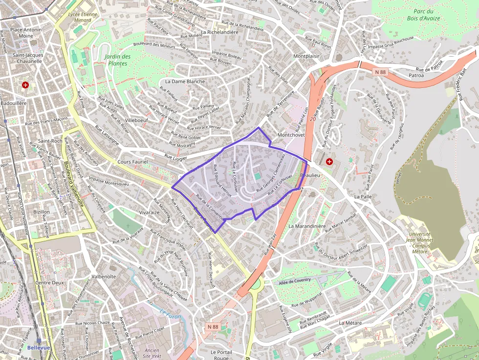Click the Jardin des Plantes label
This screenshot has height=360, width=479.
[x=117, y=60]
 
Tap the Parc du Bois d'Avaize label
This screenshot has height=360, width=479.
[x=423, y=15]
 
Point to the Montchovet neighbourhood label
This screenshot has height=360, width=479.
[x=291, y=134]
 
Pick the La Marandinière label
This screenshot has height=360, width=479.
[x=307, y=226]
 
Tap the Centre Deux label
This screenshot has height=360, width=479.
[x=50, y=283]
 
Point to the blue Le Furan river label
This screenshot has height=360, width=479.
[x=170, y=317]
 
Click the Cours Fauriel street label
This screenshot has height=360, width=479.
[x=132, y=162]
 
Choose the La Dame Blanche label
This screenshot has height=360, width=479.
[x=185, y=81]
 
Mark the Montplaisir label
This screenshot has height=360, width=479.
[x=306, y=56]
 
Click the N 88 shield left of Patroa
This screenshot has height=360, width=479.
[x=380, y=72]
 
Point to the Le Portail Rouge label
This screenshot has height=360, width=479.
[x=220, y=355]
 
